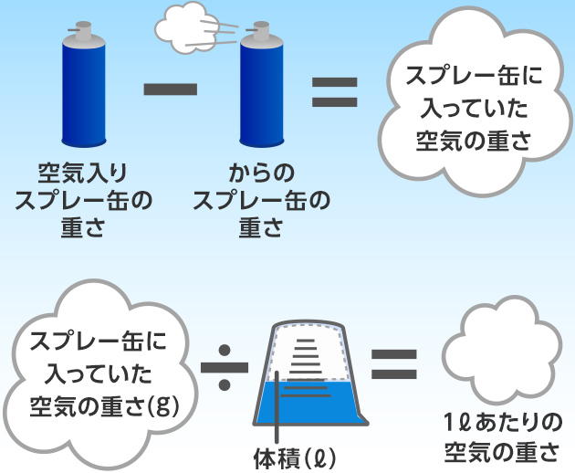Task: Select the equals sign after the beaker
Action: coord(394,363)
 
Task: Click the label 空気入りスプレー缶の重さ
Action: coord(83,200)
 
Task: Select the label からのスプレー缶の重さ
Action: coord(262,200)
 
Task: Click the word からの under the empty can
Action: coord(261,172)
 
